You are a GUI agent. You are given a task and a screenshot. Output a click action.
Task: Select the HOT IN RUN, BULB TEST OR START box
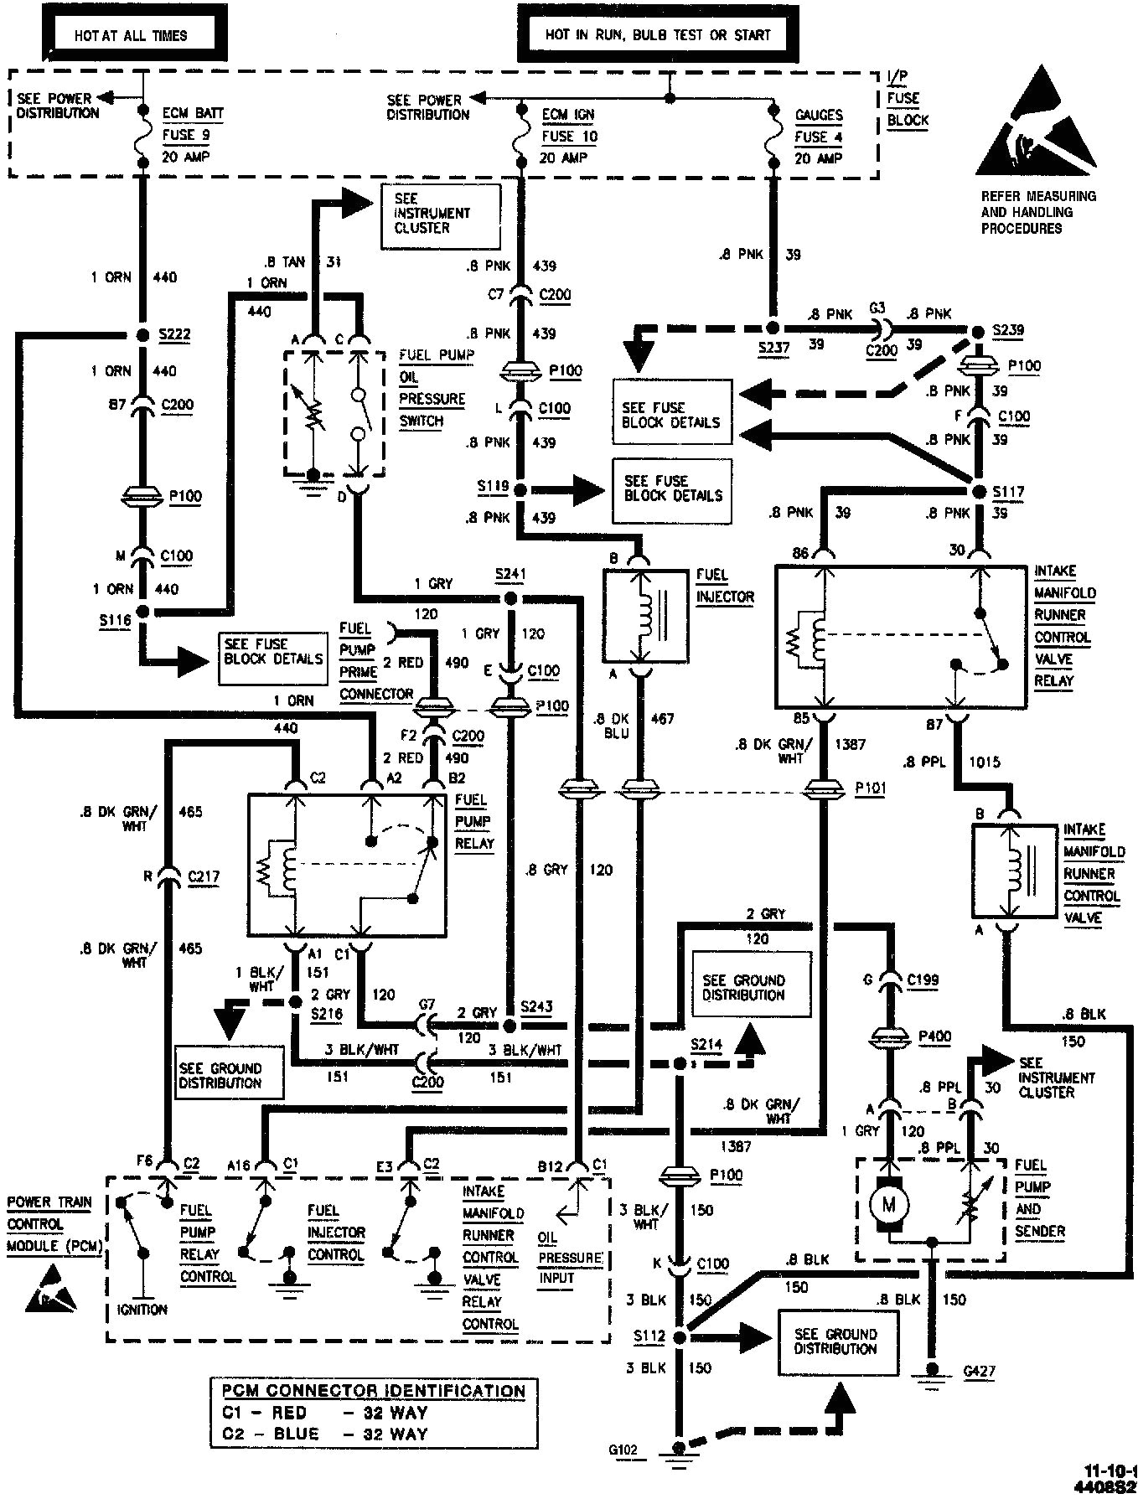(x=656, y=35)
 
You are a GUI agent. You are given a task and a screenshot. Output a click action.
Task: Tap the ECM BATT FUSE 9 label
(x=193, y=134)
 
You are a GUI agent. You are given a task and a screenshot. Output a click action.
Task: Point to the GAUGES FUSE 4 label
(x=818, y=137)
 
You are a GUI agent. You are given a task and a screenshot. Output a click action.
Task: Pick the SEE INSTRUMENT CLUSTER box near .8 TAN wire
(x=439, y=214)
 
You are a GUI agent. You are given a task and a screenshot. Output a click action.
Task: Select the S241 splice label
(x=512, y=575)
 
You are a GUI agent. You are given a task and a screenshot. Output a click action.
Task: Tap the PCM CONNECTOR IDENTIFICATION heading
(x=374, y=1391)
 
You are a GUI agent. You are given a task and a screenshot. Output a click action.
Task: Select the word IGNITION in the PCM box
(x=143, y=1309)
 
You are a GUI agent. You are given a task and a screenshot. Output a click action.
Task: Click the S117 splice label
(x=1008, y=491)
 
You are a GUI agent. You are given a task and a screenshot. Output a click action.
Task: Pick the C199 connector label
(x=923, y=978)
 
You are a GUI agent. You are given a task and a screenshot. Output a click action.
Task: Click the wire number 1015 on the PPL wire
(x=985, y=762)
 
